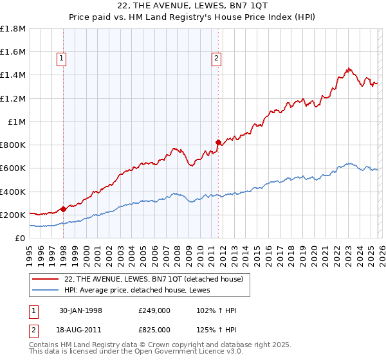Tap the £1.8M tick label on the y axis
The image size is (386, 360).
[x=13, y=29]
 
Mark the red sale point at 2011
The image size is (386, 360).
[x=218, y=142]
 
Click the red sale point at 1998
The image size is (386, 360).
[x=64, y=209]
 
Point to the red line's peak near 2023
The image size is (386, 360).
[x=347, y=68]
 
